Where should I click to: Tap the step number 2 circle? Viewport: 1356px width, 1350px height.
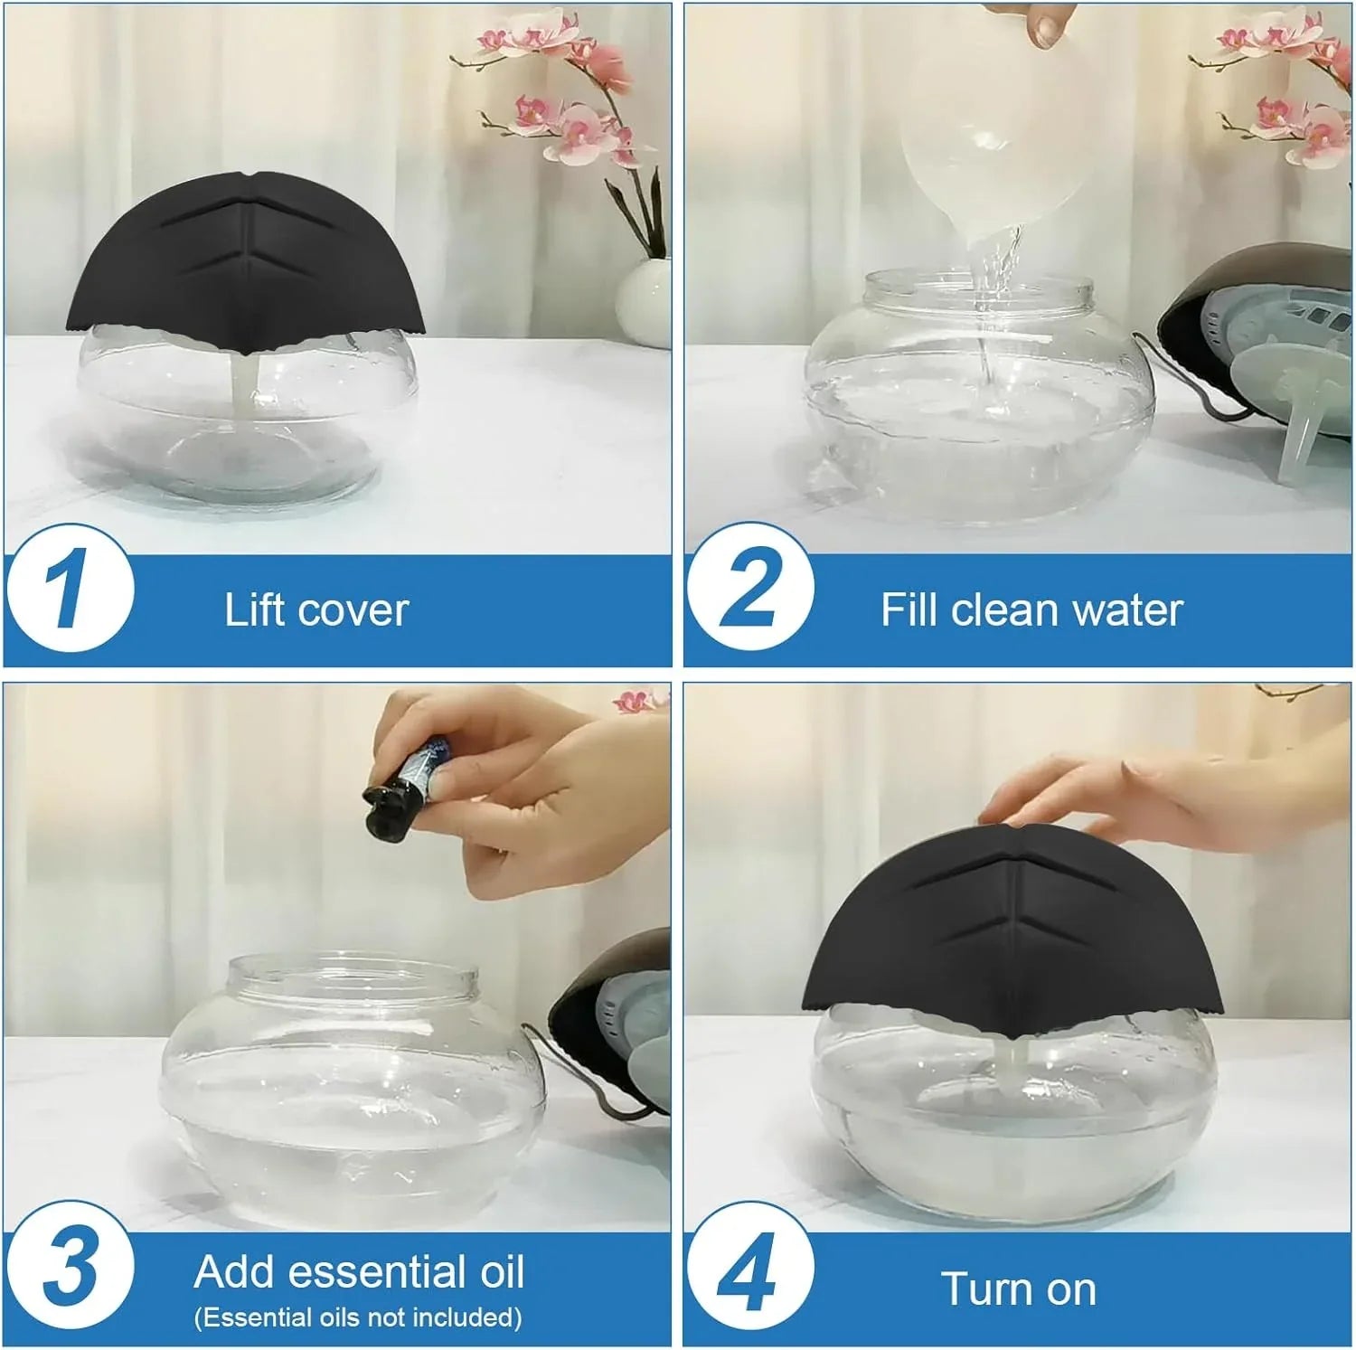click(x=749, y=588)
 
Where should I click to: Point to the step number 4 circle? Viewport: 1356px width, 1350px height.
click(x=749, y=1266)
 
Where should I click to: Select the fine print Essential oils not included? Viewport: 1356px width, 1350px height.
click(x=358, y=1317)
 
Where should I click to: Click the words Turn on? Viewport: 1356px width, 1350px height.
click(x=1018, y=1289)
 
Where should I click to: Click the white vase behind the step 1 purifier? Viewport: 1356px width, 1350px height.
click(x=644, y=303)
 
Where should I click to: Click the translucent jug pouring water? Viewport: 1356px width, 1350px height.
click(x=985, y=154)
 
